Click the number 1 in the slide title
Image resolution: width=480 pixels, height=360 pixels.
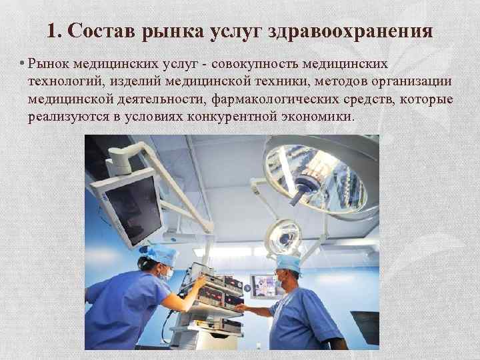click(x=53, y=31)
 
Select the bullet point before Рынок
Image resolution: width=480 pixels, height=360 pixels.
click(x=22, y=63)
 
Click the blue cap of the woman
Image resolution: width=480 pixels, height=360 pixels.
click(x=162, y=254)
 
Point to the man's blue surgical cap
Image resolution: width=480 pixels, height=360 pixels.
click(x=289, y=263)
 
